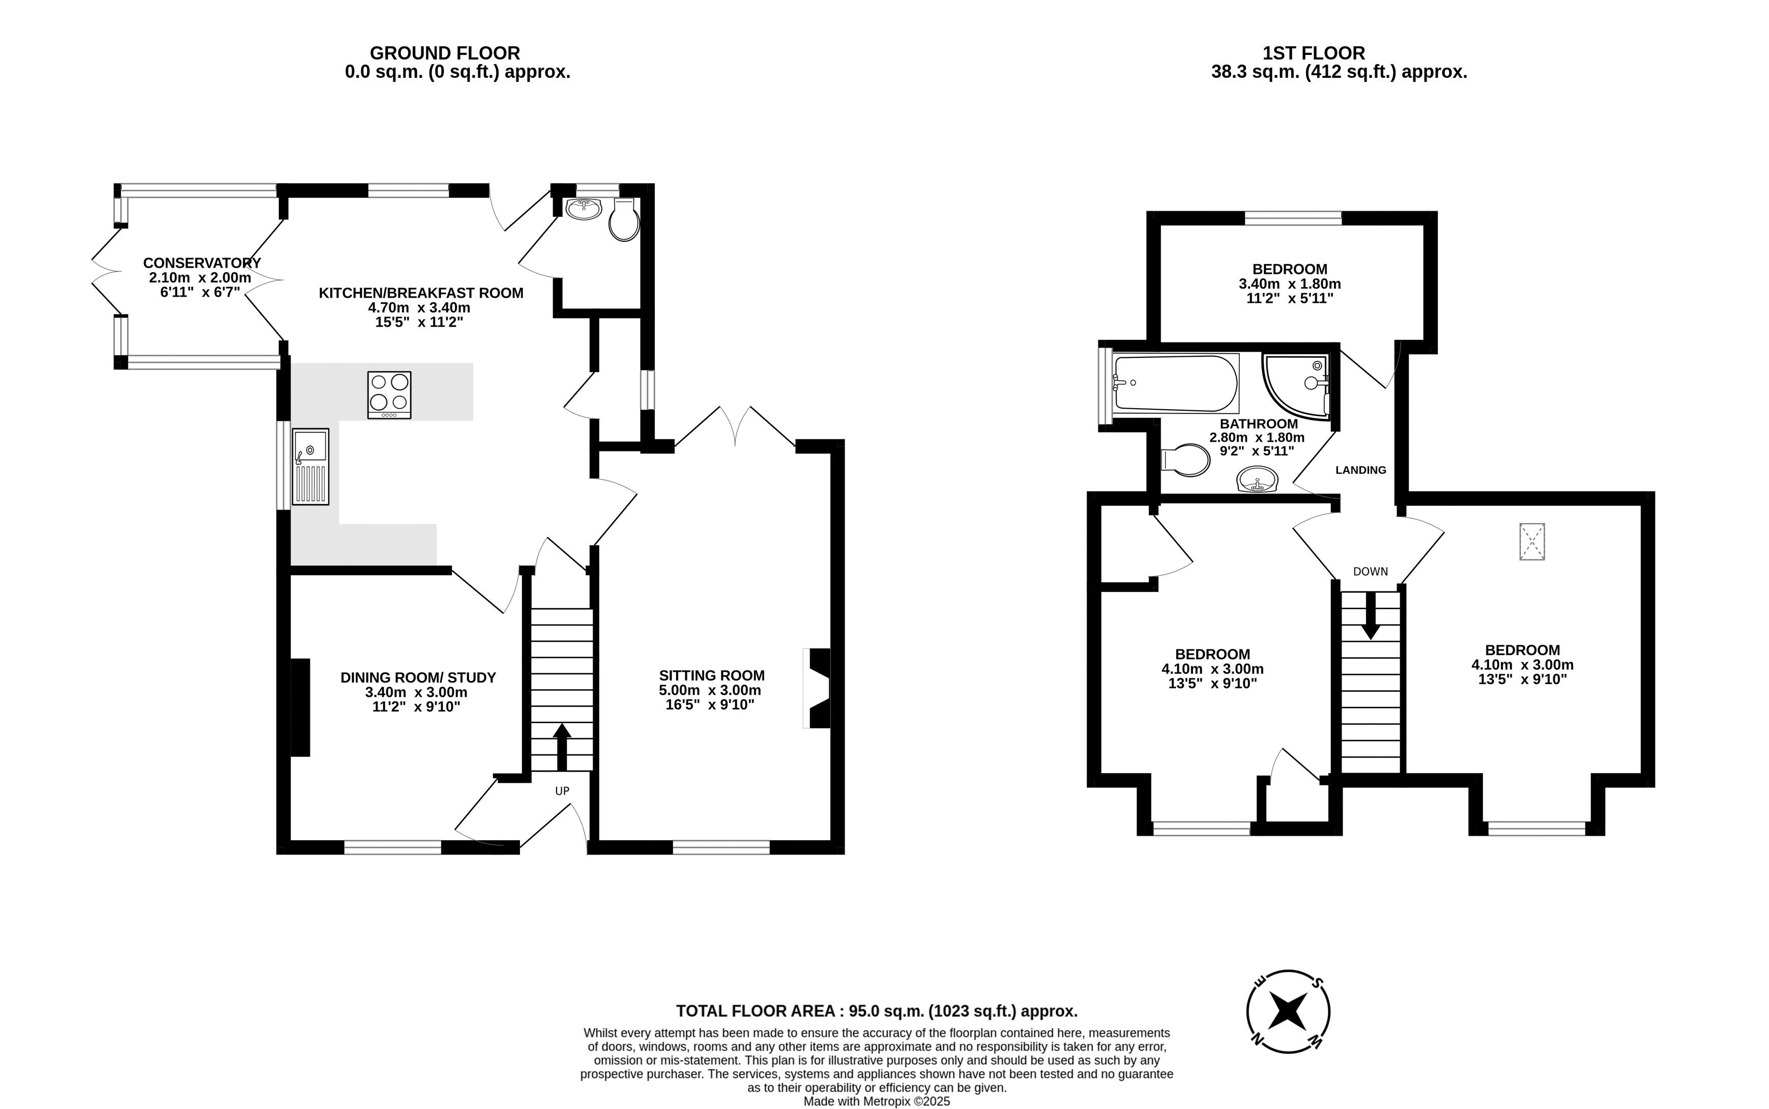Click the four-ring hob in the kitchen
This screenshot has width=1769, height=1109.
tap(389, 394)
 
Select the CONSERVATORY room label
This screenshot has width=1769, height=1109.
tap(201, 263)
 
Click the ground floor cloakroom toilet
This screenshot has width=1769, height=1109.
tap(624, 218)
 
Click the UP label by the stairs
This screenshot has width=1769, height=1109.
tap(562, 791)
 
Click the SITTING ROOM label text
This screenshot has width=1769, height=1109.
tap(711, 675)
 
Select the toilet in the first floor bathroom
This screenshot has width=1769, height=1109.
tap(1185, 461)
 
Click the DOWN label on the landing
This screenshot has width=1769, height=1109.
tap(1370, 572)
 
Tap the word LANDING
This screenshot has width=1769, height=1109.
tap(1360, 470)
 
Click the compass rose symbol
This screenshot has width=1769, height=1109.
tap(1288, 1011)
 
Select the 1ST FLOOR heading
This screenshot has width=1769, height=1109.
tap(1314, 53)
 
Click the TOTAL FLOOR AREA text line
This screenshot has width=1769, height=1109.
tap(877, 1011)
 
